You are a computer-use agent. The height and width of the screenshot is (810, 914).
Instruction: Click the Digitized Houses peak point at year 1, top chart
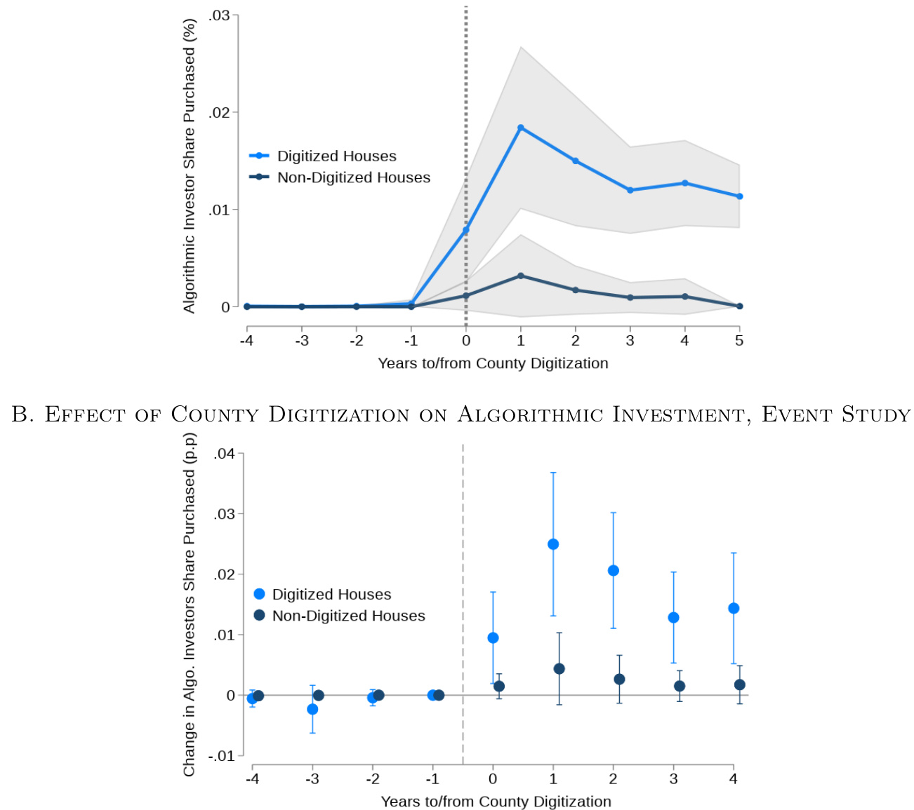(x=521, y=128)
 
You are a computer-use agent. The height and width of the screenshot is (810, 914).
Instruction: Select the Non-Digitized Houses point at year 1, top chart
(x=521, y=276)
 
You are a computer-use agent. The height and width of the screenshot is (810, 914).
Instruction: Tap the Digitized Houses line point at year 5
(x=739, y=196)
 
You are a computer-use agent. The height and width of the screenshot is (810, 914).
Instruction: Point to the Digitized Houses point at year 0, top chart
(x=465, y=230)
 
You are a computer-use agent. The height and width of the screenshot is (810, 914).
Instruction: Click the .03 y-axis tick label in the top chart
(x=220, y=15)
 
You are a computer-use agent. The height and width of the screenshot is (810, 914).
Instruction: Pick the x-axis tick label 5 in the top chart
(x=739, y=341)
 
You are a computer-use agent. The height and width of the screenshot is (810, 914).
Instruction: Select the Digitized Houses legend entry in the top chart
(x=336, y=156)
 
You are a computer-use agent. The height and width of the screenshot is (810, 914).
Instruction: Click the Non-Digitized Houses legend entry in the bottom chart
(x=348, y=616)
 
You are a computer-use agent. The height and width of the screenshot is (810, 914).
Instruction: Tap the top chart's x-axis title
(x=493, y=363)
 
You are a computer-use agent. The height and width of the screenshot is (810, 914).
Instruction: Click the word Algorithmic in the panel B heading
(x=529, y=414)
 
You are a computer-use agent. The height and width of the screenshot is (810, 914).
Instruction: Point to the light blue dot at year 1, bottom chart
(x=553, y=544)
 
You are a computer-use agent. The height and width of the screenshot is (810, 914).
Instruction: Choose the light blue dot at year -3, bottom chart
(x=312, y=709)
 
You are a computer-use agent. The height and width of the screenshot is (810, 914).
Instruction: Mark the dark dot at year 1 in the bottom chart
(x=559, y=669)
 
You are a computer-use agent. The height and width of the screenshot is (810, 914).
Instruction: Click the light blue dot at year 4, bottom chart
(x=734, y=608)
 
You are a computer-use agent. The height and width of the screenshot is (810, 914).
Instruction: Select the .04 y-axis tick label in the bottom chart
(x=225, y=454)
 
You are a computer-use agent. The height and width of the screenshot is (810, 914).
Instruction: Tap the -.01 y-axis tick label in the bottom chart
(x=222, y=756)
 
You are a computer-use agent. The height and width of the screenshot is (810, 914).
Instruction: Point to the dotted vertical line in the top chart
(x=465, y=105)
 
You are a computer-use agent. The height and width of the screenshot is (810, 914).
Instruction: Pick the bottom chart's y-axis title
(x=190, y=605)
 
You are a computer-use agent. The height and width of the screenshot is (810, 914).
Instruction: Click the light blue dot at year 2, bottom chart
(x=614, y=571)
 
